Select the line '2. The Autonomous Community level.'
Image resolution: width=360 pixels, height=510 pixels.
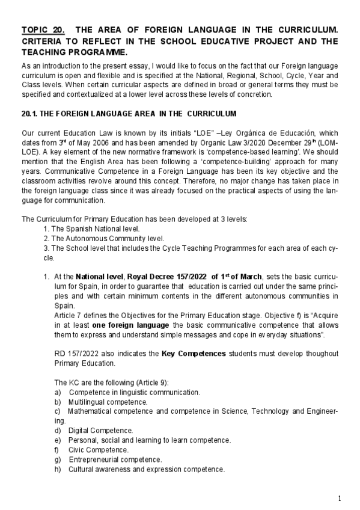99,238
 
